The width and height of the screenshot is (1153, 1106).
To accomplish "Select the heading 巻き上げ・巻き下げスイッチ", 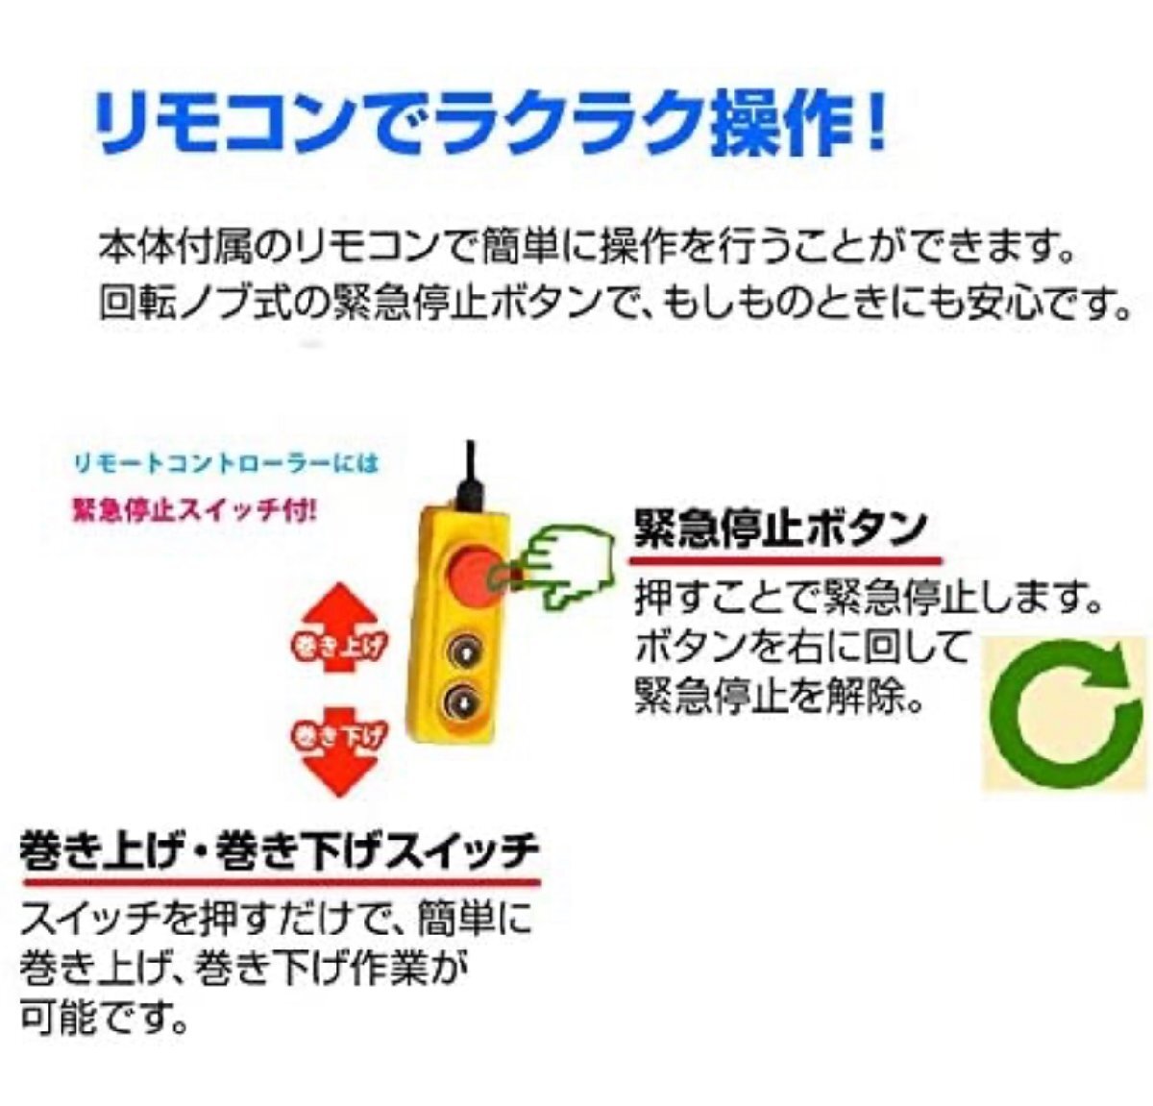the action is coord(280,853).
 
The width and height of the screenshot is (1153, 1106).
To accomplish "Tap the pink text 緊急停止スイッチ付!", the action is coord(193,510).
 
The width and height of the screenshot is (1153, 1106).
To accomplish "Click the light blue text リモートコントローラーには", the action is coord(225,462).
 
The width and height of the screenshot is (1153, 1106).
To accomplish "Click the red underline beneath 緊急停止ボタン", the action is coord(784,559).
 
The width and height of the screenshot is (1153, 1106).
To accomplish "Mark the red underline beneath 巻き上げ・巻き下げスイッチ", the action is coord(282,883).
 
